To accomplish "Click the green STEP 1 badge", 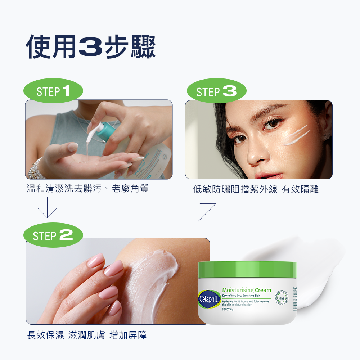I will [53, 91].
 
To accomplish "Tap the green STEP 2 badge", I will [53, 235].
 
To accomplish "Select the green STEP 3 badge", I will [216, 91].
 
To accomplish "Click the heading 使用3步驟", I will [91, 47].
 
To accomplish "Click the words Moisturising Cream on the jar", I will [247, 290].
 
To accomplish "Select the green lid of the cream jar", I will [247, 270].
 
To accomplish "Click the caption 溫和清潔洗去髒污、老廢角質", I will [87, 189].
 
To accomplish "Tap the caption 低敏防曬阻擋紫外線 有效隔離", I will [256, 189].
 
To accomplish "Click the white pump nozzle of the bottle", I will [93, 131].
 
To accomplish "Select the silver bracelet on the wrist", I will [35, 169].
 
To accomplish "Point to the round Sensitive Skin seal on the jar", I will [282, 298].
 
